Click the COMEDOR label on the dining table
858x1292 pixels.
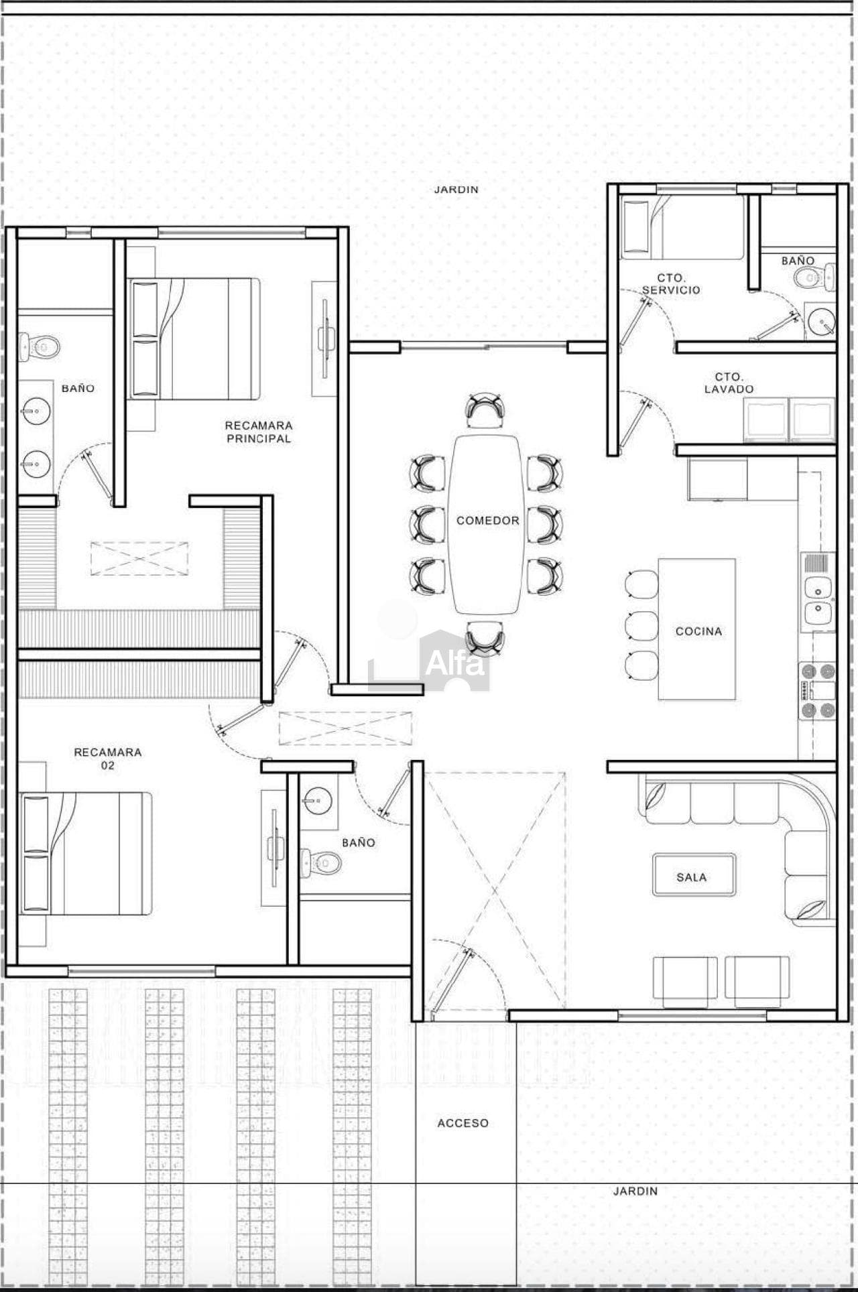click(x=487, y=521)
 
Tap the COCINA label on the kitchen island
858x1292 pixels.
click(x=698, y=631)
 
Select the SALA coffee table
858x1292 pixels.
click(x=693, y=875)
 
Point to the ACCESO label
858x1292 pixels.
click(x=463, y=1123)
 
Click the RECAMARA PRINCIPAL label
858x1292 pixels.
click(x=258, y=432)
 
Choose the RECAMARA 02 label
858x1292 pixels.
click(x=107, y=759)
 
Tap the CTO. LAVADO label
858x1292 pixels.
click(x=729, y=383)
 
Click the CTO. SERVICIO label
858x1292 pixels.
click(x=671, y=283)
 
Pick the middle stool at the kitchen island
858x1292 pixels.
click(x=641, y=625)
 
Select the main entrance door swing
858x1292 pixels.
click(x=463, y=974)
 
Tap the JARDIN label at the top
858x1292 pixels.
click(x=456, y=190)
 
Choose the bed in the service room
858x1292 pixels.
click(x=682, y=227)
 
